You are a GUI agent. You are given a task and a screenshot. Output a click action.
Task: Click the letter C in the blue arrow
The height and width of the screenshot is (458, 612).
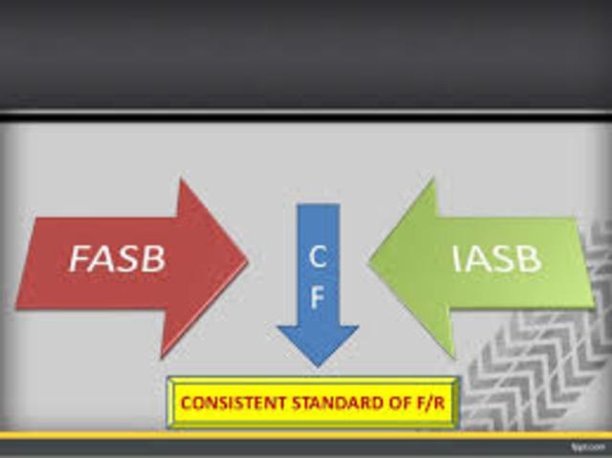(318, 256)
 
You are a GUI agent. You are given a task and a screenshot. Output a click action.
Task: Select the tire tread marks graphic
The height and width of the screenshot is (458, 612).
(535, 373)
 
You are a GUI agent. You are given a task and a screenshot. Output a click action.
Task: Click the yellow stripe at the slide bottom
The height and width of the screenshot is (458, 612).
(306, 436)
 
